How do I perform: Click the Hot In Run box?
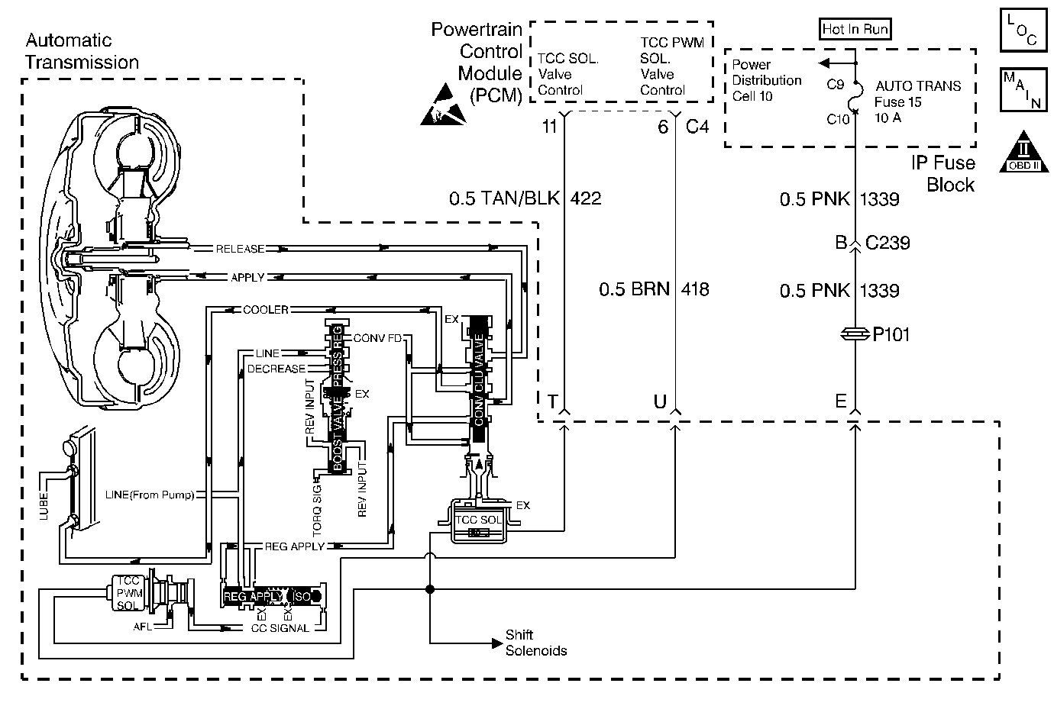click(x=855, y=29)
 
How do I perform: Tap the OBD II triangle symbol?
click(x=1024, y=152)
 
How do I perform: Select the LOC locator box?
click(x=1023, y=30)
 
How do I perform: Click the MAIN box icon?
click(x=1023, y=90)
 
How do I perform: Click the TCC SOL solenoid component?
click(x=479, y=521)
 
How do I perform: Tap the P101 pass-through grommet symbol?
click(x=855, y=334)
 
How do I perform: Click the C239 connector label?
click(x=887, y=243)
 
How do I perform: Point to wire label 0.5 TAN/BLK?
click(x=504, y=198)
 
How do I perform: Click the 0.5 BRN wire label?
click(x=634, y=289)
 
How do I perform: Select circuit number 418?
click(x=695, y=289)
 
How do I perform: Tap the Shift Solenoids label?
click(x=536, y=643)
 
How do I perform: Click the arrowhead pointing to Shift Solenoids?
click(x=497, y=643)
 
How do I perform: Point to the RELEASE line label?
click(x=240, y=249)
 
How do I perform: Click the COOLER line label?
click(x=265, y=310)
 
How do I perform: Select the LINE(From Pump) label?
click(x=150, y=495)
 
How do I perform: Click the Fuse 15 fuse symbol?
click(x=856, y=98)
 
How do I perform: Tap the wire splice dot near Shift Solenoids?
click(x=429, y=588)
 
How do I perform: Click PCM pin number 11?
click(x=550, y=127)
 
